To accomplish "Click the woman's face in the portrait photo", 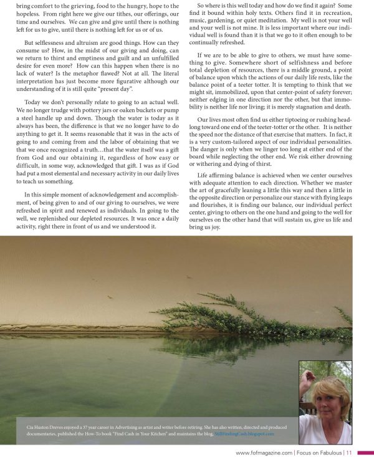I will (x=326, y=399).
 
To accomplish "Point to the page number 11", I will (x=350, y=451).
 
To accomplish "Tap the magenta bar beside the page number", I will (x=365, y=451).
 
